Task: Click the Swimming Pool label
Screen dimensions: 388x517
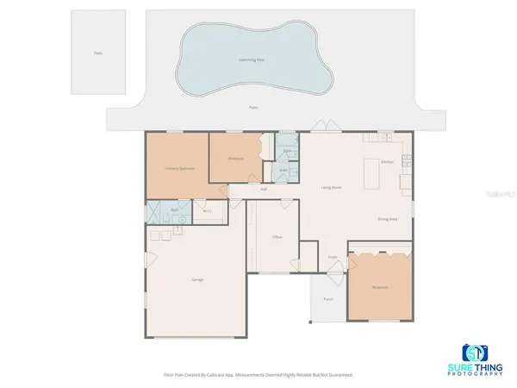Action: tap(252, 59)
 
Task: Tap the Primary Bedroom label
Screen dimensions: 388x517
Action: tap(177, 168)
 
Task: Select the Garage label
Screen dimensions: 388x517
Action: tap(196, 279)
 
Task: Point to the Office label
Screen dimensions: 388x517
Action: tap(277, 236)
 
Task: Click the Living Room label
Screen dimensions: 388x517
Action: tap(332, 187)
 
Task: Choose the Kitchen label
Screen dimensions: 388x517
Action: tap(388, 162)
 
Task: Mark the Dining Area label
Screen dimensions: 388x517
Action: tap(387, 219)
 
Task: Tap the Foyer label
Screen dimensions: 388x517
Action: tap(333, 257)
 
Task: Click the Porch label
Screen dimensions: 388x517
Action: tap(328, 299)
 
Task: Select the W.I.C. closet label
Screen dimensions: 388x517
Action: tap(207, 210)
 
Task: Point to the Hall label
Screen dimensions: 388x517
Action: tap(263, 189)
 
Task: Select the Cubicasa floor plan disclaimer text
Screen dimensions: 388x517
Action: tap(258, 375)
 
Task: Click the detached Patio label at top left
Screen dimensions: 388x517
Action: tap(98, 53)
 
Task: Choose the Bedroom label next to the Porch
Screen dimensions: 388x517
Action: tap(380, 286)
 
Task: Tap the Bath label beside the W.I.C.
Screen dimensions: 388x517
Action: tap(174, 210)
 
